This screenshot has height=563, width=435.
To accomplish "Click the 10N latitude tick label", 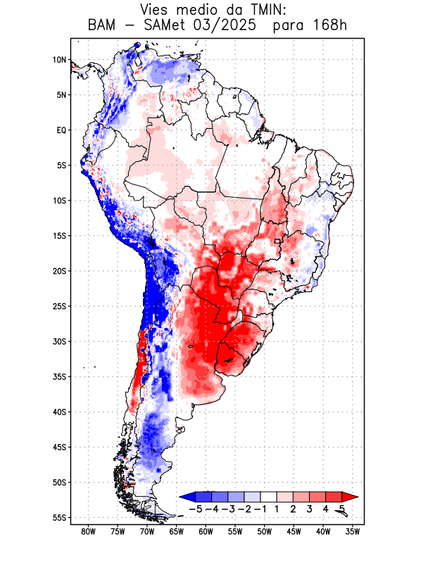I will [x=59, y=60].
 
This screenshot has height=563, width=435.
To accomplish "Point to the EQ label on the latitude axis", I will [x=61, y=130].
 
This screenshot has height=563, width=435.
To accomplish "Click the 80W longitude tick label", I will [x=88, y=531].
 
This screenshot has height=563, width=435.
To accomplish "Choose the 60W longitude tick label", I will [x=206, y=531].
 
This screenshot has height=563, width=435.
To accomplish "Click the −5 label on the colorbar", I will [x=198, y=508].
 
